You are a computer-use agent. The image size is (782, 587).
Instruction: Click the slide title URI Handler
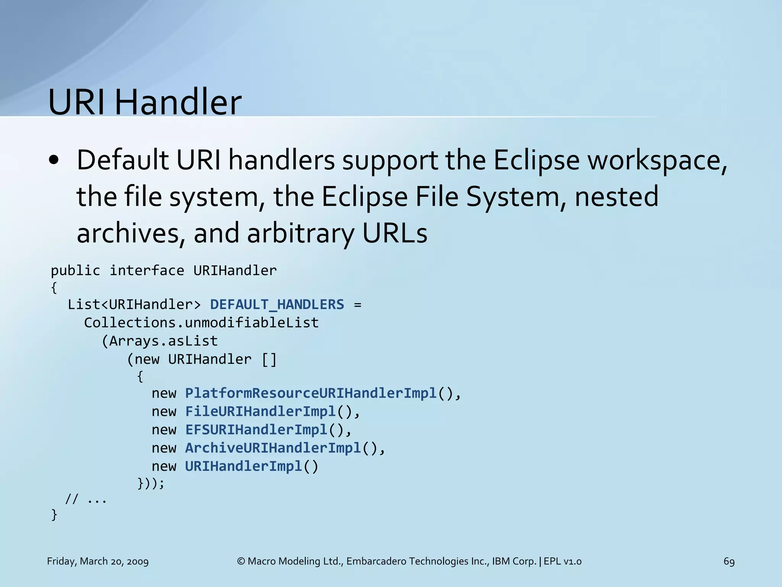coord(145,102)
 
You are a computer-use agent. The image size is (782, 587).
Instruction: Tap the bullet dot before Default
coord(54,161)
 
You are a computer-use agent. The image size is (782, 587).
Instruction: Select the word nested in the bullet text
coord(616,196)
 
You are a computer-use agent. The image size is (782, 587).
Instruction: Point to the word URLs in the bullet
coord(394,233)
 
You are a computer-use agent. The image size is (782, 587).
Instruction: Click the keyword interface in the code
coord(147,271)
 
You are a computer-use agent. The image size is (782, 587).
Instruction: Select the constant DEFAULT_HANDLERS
coord(277,305)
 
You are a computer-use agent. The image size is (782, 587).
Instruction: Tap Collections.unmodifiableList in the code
coord(201,323)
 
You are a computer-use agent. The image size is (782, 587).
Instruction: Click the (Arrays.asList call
coord(160,341)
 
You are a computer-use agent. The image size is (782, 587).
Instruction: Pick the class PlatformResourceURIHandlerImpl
coord(310,393)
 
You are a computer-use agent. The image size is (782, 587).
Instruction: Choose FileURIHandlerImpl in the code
coord(260,412)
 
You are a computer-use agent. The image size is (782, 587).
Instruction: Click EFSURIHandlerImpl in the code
coord(256,430)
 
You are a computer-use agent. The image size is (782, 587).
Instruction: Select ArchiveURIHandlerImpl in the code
coord(273,448)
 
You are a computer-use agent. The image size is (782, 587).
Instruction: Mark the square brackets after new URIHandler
coord(269,359)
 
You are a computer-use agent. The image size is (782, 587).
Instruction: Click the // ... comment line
coord(86,499)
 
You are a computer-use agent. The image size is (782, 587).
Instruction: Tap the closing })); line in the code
coord(151,484)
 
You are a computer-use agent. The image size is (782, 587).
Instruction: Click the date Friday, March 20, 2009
coord(98,561)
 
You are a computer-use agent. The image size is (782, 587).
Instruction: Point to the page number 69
coord(729,561)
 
